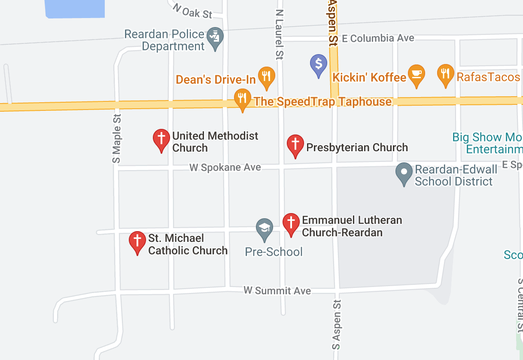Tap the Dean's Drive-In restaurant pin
[266, 76]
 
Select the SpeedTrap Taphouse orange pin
[243, 98]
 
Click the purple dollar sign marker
[319, 64]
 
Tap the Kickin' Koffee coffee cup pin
[416, 74]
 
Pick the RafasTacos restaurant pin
[446, 74]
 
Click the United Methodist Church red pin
[161, 139]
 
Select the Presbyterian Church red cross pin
[295, 144]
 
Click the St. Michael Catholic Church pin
[137, 241]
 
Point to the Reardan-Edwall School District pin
[404, 173]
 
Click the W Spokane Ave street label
[225, 167]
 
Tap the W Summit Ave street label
[277, 291]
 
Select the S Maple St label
[116, 138]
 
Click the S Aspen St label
[336, 324]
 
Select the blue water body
[75, 8]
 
